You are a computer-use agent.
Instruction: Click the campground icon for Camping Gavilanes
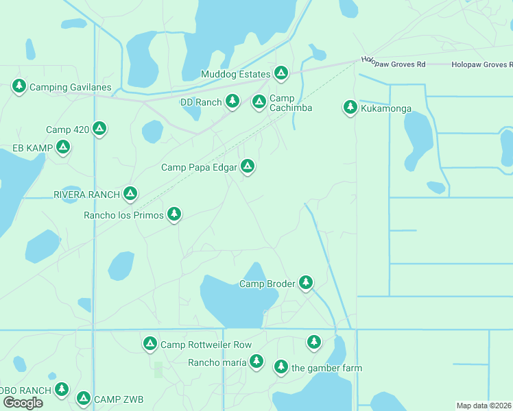coord(19,86)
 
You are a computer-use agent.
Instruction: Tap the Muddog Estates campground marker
coord(281,73)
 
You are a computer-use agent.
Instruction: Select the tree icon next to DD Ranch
coord(232,101)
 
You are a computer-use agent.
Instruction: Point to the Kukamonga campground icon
coord(350,107)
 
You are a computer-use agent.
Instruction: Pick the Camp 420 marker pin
coord(99,128)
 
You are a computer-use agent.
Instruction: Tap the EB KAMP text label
coord(33,148)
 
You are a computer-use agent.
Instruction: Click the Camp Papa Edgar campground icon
coord(248,166)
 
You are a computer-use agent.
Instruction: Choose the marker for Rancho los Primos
coord(174,214)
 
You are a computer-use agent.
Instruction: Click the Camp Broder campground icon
coord(305,282)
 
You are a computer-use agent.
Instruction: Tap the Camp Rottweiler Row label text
coord(206,345)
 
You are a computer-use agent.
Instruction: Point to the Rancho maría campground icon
coord(256,360)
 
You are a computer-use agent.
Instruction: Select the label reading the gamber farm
coord(326,368)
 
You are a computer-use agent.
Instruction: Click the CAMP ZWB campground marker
coord(84,398)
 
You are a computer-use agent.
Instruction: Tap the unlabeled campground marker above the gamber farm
coord(313,340)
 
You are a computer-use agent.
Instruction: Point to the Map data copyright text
coord(484,406)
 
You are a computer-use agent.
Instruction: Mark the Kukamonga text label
coord(387,108)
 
